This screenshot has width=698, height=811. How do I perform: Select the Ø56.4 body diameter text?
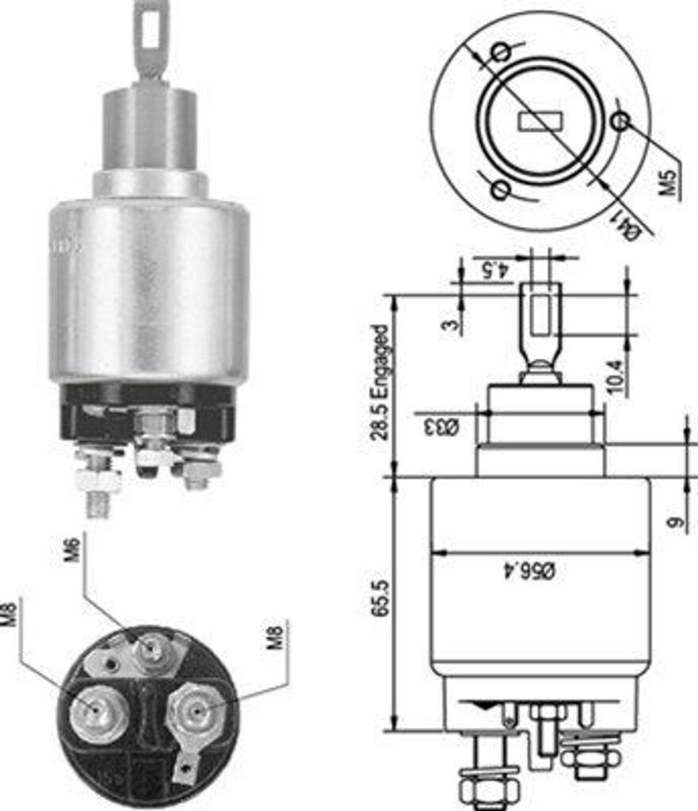540,570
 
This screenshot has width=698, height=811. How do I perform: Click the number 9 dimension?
674,524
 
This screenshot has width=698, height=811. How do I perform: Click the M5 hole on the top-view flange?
622,121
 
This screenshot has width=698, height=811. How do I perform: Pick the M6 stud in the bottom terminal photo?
151,650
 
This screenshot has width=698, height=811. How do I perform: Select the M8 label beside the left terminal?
10,613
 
